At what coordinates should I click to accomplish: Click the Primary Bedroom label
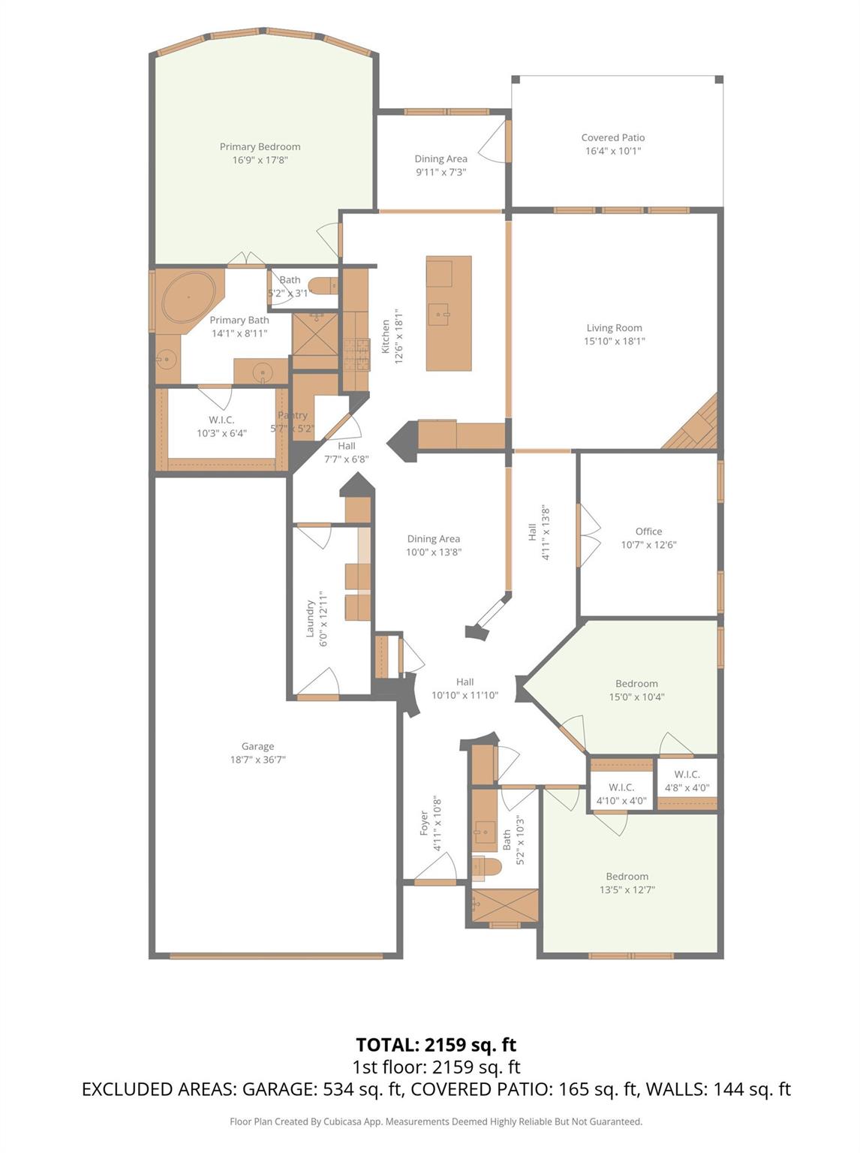(260, 147)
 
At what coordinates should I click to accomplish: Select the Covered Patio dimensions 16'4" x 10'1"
(612, 151)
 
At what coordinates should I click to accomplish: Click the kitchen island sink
(438, 314)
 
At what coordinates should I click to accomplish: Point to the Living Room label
(614, 328)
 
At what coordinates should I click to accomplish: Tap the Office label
(648, 531)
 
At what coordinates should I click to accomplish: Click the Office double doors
(588, 535)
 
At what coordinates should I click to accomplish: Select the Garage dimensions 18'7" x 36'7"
(257, 760)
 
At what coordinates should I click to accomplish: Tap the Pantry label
(293, 415)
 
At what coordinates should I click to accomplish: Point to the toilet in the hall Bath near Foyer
(487, 868)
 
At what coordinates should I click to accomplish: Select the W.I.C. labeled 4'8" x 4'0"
(687, 781)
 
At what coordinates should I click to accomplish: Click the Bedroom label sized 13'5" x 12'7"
(627, 877)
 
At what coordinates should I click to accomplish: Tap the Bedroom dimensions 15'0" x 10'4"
(636, 697)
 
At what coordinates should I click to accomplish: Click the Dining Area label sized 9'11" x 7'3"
(441, 159)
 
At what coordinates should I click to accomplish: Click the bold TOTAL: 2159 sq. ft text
(435, 1045)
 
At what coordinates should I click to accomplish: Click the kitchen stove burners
(356, 355)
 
